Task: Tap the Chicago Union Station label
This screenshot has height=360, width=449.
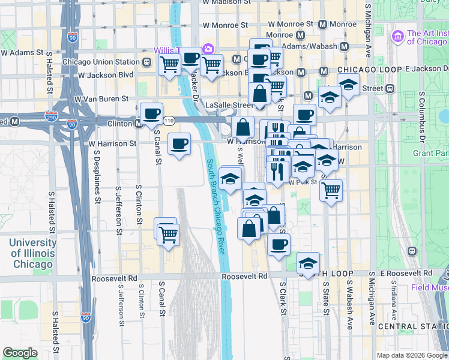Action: coord(100,62)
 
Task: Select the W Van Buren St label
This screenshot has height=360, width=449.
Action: coord(101,98)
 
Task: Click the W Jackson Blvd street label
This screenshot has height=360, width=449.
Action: coord(106,75)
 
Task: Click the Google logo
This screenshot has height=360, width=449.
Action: coord(20,353)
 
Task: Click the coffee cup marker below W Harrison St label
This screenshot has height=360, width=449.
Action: coord(179,144)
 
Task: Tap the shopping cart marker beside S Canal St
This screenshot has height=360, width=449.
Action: coord(168,233)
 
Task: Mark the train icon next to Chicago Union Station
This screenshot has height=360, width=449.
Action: coord(146,62)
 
